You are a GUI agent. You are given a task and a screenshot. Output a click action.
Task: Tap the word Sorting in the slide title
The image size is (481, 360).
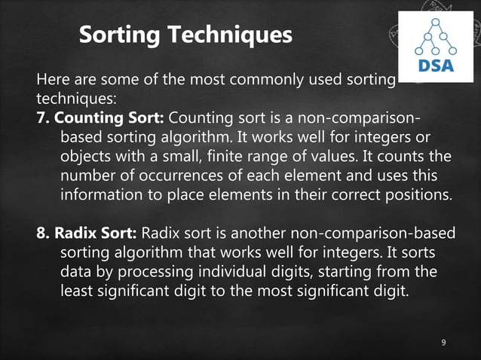pos(116,35)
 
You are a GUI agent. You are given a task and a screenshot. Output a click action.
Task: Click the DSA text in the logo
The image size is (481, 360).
pos(436,66)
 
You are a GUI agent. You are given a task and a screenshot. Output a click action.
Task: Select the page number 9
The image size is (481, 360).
pos(443,343)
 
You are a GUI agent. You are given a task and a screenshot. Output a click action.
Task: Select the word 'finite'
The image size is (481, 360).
pos(256,157)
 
